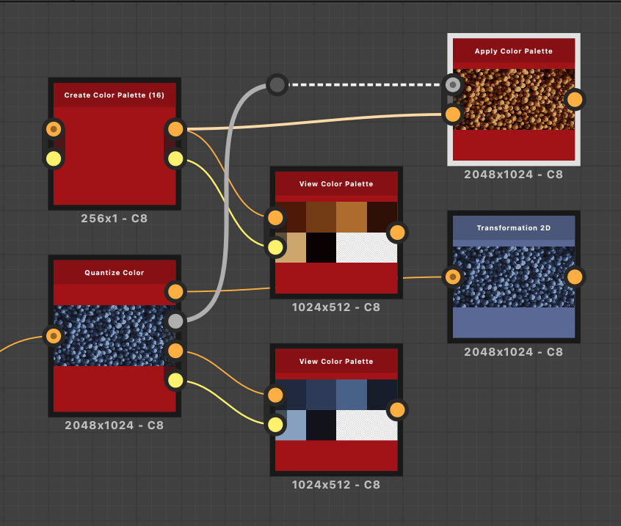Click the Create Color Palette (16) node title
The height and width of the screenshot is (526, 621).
tap(114, 95)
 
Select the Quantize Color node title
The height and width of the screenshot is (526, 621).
tap(114, 273)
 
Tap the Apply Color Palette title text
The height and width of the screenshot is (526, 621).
tap(514, 51)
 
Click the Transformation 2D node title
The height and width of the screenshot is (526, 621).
tap(514, 228)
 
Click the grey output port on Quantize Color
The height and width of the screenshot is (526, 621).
tap(175, 321)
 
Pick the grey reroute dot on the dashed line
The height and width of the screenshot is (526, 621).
tap(277, 84)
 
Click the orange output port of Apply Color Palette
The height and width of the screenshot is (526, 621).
tap(575, 99)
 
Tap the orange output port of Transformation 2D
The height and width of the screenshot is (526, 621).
tap(575, 277)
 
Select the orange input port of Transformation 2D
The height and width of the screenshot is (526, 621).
tap(453, 277)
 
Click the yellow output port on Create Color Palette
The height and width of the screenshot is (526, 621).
tap(175, 158)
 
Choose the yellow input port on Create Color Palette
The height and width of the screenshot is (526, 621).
tap(54, 158)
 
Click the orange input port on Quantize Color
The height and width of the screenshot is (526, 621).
tap(54, 336)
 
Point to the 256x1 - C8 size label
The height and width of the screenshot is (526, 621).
tap(114, 219)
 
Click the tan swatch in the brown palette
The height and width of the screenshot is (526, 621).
tap(291, 248)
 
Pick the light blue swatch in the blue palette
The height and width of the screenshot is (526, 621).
tap(291, 425)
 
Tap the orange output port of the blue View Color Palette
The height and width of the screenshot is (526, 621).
tap(397, 410)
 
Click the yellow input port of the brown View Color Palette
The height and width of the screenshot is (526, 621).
tap(275, 247)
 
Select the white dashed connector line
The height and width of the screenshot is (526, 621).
tap(367, 84)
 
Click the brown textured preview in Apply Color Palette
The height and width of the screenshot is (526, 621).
tap(514, 99)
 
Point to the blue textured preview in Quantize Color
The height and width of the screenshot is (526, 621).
tap(114, 335)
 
